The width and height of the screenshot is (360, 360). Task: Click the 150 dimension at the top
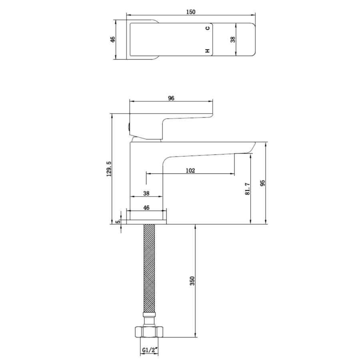[191, 12]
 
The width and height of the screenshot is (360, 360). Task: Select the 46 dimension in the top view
[113, 39]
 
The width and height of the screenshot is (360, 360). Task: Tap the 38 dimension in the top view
[233, 39]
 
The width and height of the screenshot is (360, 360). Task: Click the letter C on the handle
[207, 28]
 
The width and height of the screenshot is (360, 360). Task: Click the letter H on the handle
[207, 51]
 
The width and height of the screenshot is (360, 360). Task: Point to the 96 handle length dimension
[171, 98]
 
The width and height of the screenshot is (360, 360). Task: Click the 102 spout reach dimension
[190, 170]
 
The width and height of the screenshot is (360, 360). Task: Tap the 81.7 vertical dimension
[247, 188]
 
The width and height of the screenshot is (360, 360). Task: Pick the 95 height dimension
[263, 183]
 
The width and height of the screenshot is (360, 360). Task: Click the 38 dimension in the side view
[146, 193]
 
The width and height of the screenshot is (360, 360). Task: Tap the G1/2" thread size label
[150, 350]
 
